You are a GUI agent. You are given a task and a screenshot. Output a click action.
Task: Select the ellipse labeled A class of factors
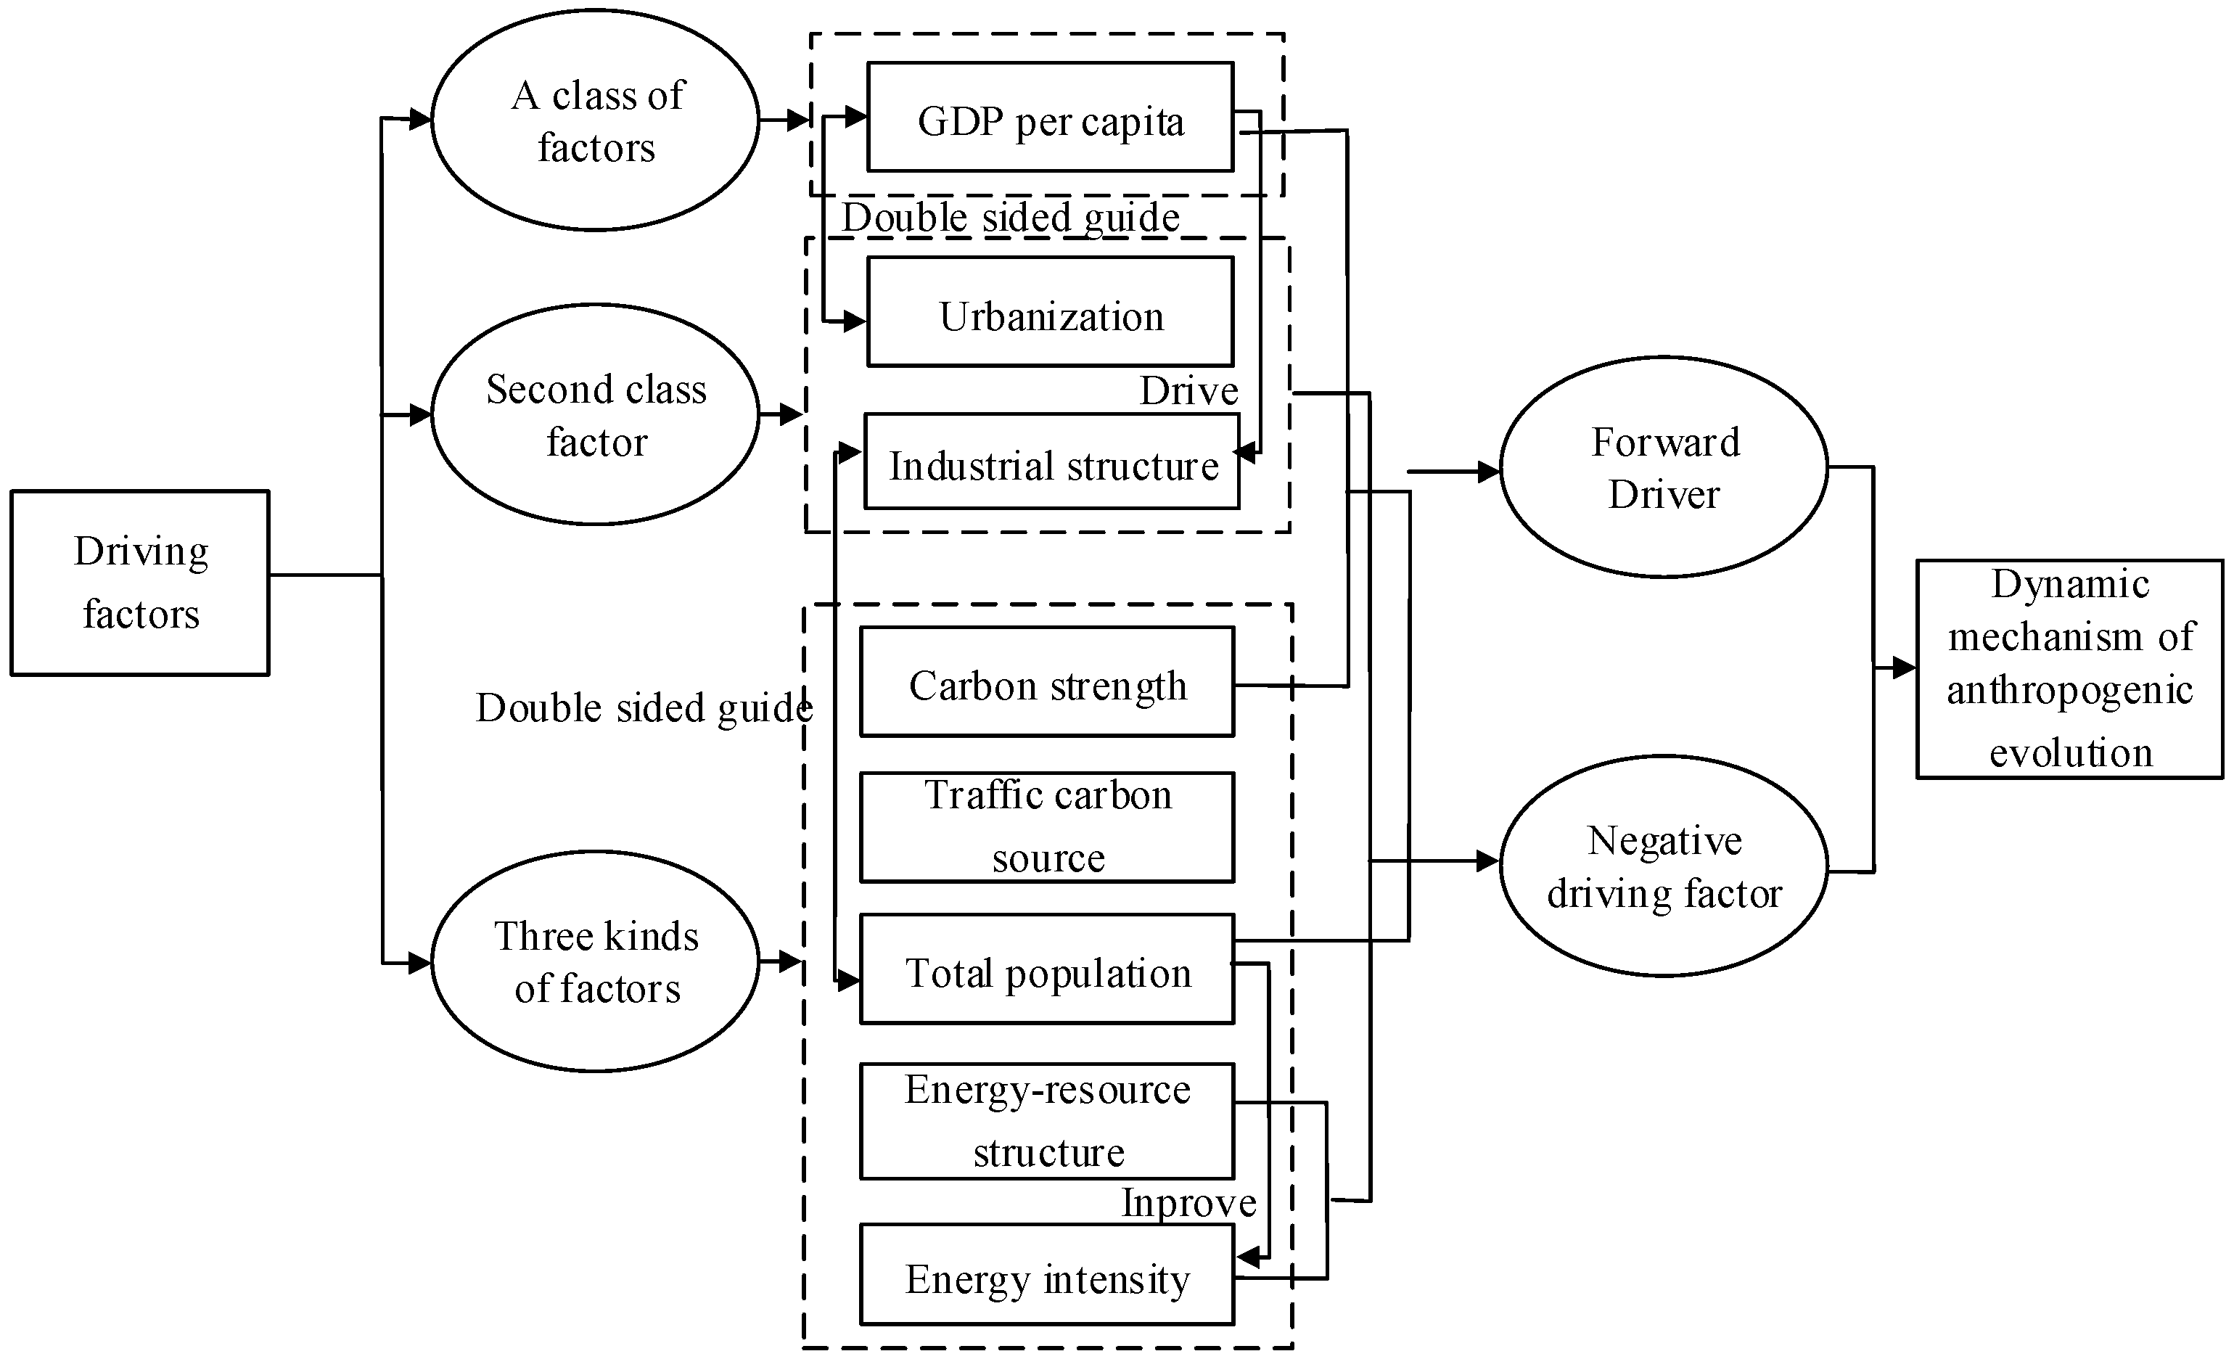coord(595,120)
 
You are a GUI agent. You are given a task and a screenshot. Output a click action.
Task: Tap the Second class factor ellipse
coord(595,414)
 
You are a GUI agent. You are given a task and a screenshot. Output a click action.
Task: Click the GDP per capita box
coord(1050,117)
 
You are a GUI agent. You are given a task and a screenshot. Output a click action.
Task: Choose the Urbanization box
coord(1050,312)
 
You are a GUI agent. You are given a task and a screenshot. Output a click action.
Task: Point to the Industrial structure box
coord(1052,462)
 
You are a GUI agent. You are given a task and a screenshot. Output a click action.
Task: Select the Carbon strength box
coord(1047,682)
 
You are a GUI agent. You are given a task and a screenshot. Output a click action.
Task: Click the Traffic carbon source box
coord(1047,827)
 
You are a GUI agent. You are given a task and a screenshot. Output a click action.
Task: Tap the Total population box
coord(1047,969)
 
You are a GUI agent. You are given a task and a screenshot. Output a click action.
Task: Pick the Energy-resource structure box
coord(1047,1122)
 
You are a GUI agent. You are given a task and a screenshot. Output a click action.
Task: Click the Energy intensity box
coord(1047,1275)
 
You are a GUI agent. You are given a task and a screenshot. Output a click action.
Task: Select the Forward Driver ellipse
coord(1664,467)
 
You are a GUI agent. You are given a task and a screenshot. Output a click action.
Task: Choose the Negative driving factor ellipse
coord(1664,866)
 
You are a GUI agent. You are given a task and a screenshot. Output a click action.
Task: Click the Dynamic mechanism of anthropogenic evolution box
coord(2070,669)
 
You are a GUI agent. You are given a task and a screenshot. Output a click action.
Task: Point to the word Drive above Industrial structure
coord(1188,391)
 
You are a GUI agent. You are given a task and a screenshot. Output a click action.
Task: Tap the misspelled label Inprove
coord(1188,1203)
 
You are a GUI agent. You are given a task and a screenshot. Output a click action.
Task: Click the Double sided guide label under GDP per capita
coord(1010,218)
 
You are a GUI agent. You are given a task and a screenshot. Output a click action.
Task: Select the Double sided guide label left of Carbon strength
coord(643,707)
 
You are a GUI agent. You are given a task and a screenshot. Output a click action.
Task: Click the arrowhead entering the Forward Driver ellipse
coord(1489,472)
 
